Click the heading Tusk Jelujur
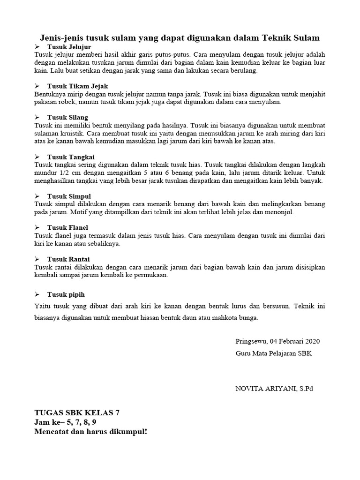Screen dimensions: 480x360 (69, 47)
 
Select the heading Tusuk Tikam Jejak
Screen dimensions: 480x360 (78, 86)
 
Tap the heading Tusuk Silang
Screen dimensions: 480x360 (67, 117)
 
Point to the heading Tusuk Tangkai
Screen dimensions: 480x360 (71, 157)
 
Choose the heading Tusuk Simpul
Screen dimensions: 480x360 (69, 196)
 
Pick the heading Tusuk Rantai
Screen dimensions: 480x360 (68, 259)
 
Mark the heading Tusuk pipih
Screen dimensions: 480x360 (66, 294)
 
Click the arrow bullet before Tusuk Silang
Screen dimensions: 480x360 (37, 117)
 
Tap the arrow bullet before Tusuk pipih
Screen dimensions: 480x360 (37, 294)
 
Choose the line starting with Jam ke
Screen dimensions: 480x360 (65, 421)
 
